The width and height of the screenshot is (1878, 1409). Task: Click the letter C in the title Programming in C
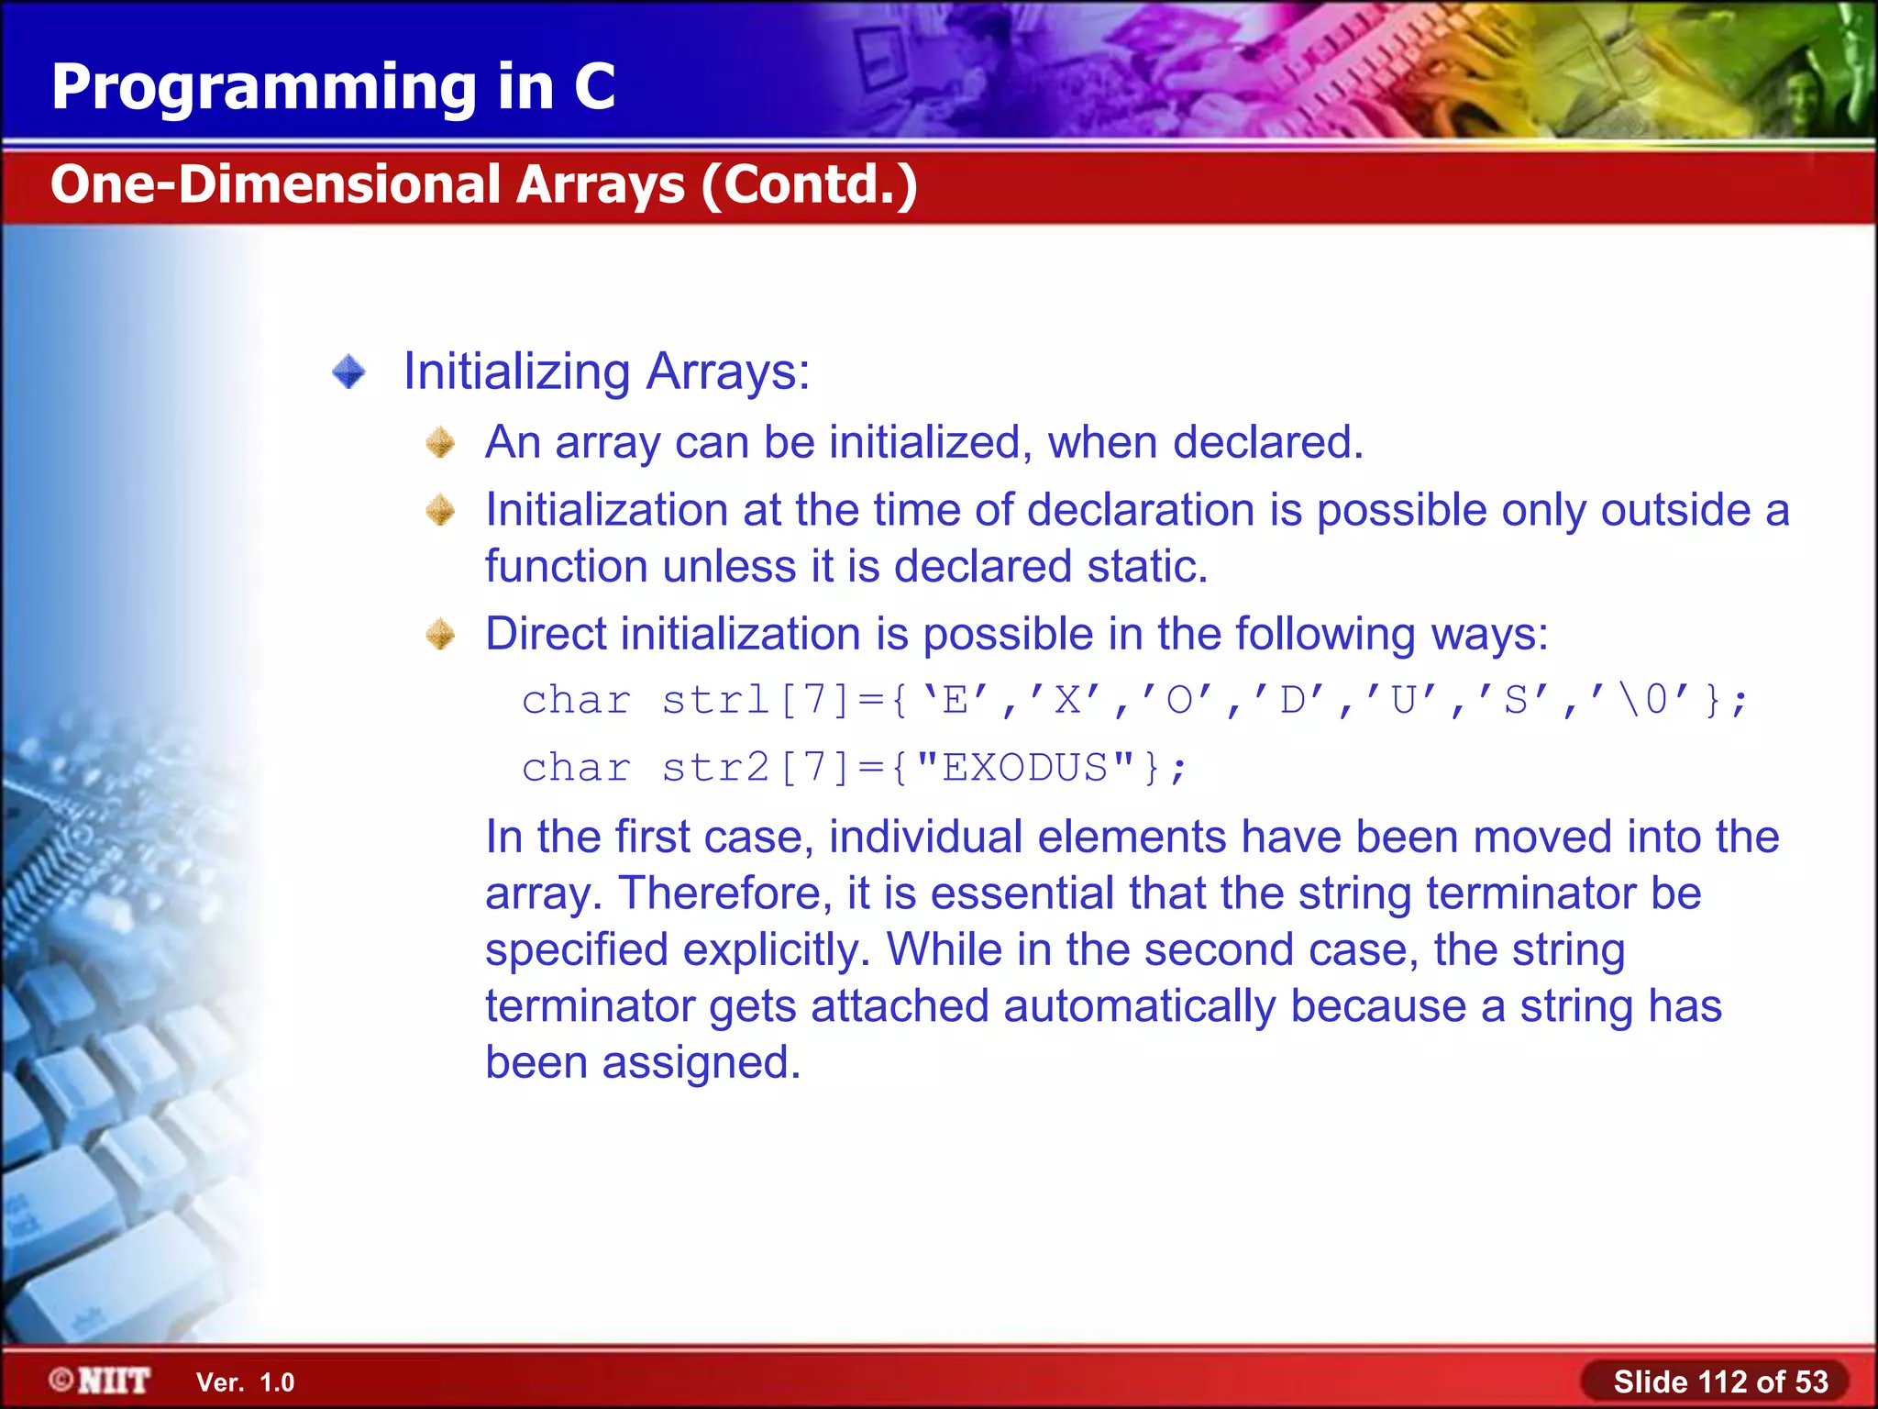coord(593,87)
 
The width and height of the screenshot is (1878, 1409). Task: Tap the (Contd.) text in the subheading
coord(809,184)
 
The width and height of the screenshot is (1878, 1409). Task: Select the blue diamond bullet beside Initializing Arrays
coord(348,372)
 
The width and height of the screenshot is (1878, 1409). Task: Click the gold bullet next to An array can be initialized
coord(441,443)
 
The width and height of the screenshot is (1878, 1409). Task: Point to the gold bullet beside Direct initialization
coord(441,635)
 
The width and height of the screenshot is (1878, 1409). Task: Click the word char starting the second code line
coord(576,768)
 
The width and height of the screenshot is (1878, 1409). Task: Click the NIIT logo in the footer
coord(101,1381)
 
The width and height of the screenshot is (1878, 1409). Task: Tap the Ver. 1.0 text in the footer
coord(245,1382)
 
